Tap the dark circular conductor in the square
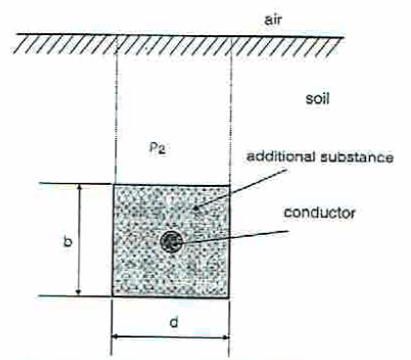172,241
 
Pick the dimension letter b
67,241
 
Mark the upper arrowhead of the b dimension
78,188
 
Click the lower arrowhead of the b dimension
78,291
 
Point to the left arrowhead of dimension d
117,337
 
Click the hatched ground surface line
176,40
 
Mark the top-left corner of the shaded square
114,184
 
